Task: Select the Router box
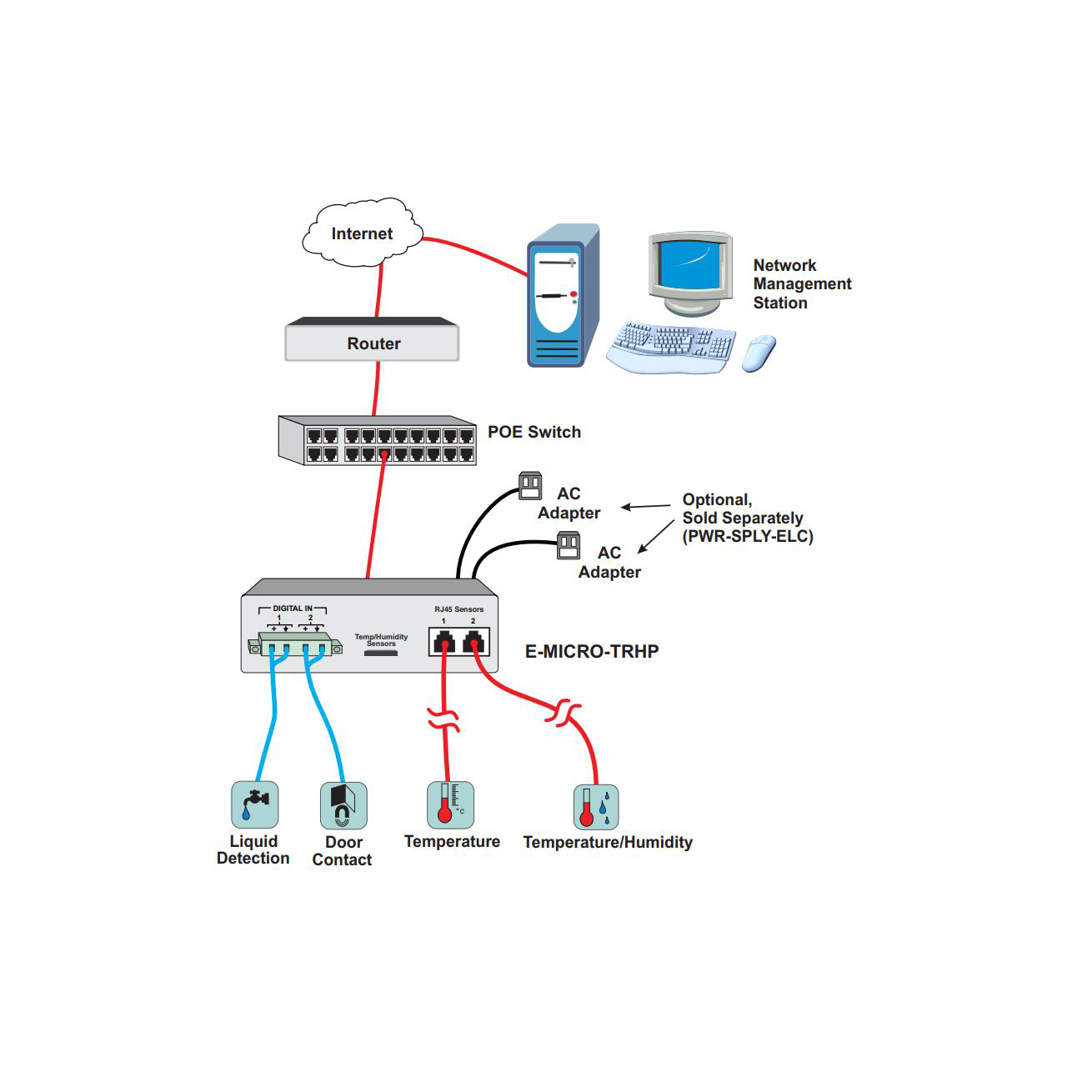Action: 373,342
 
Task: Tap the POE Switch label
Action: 533,432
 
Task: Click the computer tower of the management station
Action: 563,296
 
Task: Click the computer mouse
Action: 759,353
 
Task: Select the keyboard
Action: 672,345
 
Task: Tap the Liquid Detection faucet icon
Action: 254,804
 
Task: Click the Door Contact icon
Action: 343,805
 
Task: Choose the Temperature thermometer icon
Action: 450,804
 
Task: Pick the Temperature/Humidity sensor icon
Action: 596,807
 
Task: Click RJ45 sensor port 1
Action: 444,642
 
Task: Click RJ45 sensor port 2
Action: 473,642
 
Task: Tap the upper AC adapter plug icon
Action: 530,485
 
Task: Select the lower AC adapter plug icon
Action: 569,546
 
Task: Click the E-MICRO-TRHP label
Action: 592,651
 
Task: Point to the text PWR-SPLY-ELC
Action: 748,536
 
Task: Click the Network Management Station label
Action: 801,283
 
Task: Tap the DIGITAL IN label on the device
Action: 293,609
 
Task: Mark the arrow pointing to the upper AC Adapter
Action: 645,506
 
